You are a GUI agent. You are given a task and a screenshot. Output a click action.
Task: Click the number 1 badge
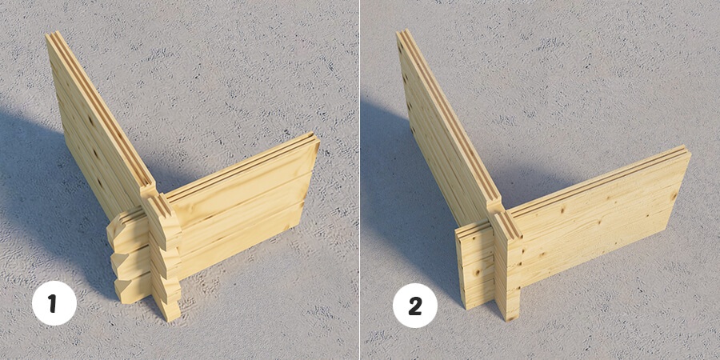(54, 303)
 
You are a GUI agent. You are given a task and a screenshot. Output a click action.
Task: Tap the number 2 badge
(415, 306)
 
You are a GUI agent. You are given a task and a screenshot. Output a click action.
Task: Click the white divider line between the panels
(359, 180)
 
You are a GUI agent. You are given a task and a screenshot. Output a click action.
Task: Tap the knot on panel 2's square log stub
(476, 274)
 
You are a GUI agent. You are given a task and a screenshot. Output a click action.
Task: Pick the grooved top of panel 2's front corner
(507, 225)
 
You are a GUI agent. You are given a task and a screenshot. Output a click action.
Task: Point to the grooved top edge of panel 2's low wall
(597, 178)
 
